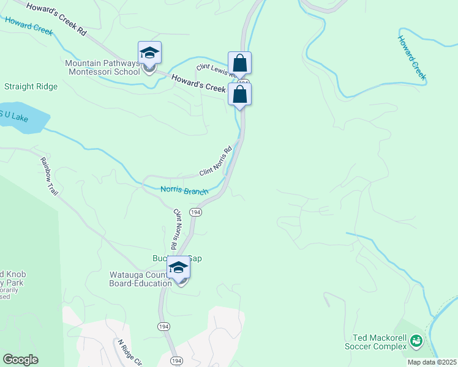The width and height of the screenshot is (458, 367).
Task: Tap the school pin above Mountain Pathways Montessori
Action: [149, 53]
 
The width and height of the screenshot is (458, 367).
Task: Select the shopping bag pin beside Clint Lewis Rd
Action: [239, 63]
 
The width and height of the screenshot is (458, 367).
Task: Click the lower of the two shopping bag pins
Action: [240, 94]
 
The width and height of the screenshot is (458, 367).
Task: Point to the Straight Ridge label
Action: [31, 87]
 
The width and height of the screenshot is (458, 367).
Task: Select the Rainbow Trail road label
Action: [49, 177]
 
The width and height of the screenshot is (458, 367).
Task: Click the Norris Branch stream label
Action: [184, 191]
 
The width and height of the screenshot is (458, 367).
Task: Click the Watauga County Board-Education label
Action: [140, 278]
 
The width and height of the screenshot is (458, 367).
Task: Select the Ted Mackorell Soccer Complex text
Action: [380, 343]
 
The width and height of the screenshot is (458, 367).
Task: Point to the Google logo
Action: [20, 360]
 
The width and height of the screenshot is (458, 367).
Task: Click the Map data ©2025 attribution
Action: [432, 362]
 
